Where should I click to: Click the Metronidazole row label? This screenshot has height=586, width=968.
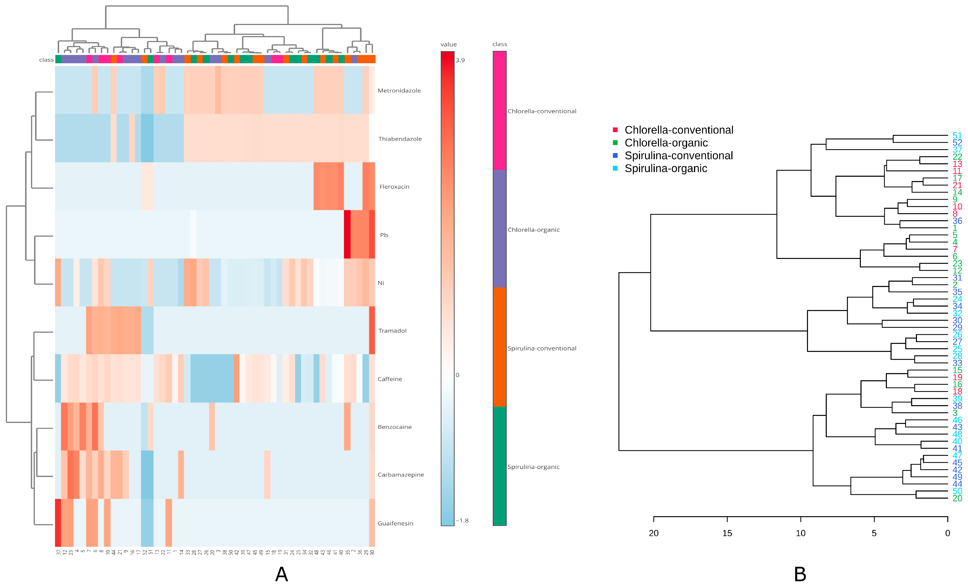399,91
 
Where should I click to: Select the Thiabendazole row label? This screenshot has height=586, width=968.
399,139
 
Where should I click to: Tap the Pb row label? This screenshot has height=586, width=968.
384,235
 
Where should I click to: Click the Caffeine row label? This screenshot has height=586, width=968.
390,379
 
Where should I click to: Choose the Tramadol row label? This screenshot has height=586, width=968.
392,331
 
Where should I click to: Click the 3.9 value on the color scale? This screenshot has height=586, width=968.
460,60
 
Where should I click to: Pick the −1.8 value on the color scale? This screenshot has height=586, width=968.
462,521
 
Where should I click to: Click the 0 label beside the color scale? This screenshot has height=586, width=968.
457,375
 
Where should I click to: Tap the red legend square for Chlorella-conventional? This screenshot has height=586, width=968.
615,130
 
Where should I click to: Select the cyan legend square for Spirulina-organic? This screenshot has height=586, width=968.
615,168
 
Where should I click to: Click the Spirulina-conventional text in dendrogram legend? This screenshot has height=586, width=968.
678,156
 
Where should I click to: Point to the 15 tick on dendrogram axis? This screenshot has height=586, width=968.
727,533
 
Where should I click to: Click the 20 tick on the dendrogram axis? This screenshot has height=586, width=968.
654,533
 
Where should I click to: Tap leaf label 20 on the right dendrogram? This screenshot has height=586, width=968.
957,498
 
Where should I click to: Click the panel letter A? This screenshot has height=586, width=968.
282,574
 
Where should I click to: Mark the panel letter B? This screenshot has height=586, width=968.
800,574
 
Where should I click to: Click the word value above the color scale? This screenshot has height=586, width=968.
448,44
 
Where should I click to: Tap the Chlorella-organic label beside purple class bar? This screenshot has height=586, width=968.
533,230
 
